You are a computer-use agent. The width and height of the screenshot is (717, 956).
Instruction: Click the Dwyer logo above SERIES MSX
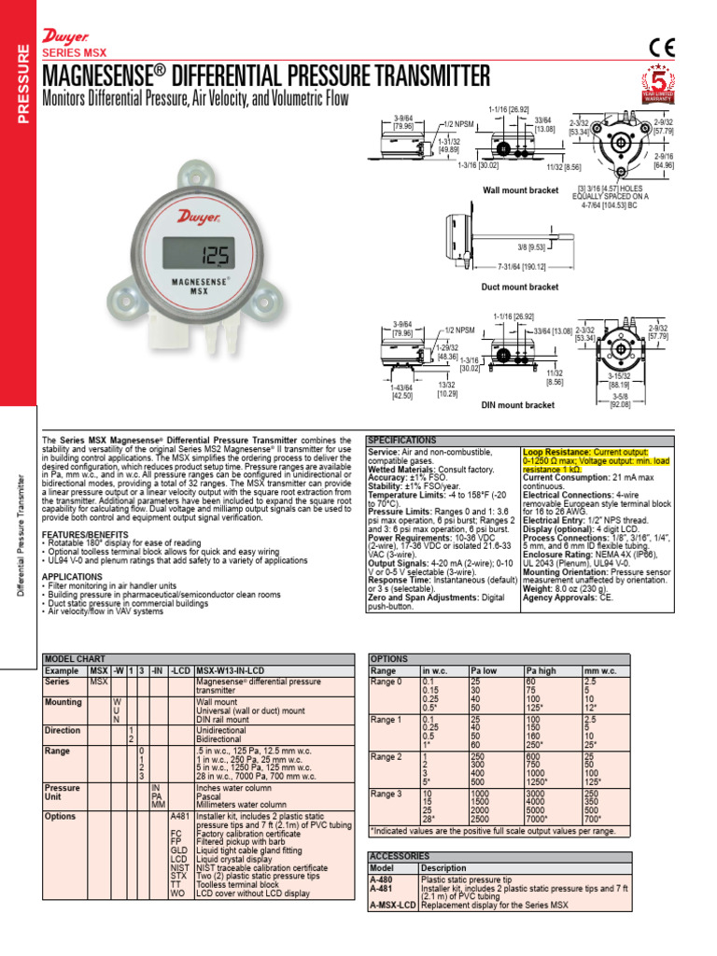click(x=64, y=35)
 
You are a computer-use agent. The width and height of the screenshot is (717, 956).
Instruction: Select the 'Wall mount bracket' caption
click(x=519, y=190)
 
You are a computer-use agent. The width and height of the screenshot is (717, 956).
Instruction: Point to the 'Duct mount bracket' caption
click(x=519, y=287)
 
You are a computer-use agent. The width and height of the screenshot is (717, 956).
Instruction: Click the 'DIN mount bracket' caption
click(x=518, y=405)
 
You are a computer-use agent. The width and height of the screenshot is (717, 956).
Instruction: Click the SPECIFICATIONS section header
click(x=402, y=440)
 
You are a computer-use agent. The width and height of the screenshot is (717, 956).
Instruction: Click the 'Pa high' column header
click(x=541, y=671)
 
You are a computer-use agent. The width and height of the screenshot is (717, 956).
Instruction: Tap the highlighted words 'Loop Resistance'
click(x=555, y=450)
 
